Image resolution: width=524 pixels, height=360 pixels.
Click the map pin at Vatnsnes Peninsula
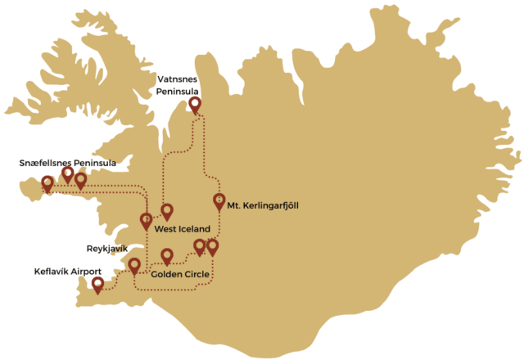pos(194,104)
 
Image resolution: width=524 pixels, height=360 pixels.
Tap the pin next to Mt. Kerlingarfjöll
pos(219,200)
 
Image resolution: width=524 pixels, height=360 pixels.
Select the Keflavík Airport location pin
pos(98,284)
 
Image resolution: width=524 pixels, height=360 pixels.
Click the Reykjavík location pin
pos(134,265)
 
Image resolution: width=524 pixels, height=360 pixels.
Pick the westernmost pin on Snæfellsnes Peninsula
pos(47,183)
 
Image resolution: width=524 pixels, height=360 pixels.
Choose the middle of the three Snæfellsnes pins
pos(68,173)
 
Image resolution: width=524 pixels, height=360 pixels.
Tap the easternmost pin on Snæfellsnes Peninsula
pos(81,179)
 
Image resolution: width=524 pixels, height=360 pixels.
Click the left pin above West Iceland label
pos(147,220)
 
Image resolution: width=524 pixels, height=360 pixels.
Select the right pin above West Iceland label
pos(167,210)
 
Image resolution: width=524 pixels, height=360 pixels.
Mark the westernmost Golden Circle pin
pos(167,254)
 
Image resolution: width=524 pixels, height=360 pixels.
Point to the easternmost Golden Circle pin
pos(213,245)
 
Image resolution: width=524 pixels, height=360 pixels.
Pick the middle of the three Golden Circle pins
pos(200,245)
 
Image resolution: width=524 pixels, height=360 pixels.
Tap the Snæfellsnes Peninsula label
pos(68,164)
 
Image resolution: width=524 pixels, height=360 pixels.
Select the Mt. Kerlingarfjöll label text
pos(264,206)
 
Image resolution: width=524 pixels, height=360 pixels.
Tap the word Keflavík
pos(52,271)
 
